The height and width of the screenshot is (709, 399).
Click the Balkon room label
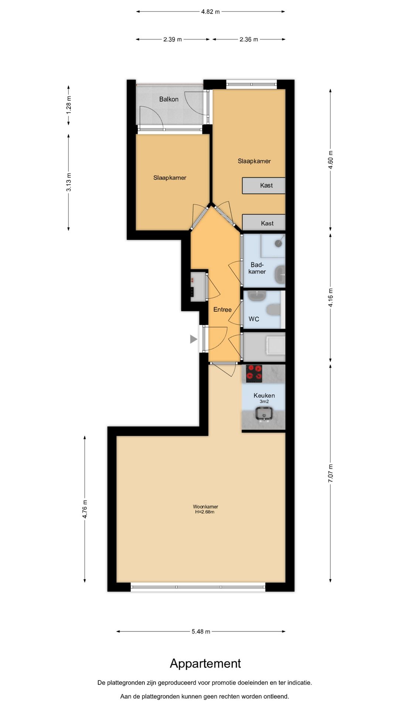tap(169, 99)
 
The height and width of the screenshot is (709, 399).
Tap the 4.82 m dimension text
tap(210, 12)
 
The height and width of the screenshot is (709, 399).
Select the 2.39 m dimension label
tap(173, 39)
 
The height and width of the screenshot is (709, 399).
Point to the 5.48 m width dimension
tap(201, 631)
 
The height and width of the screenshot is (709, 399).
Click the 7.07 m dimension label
tap(331, 473)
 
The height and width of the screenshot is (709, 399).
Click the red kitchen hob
tap(254, 373)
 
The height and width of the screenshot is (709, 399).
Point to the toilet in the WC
tap(274, 309)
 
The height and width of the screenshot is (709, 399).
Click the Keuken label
tap(264, 395)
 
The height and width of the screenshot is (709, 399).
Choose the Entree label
tap(222, 309)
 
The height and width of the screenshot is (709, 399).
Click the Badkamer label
tap(257, 268)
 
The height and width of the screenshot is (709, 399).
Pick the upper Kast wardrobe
tap(264, 185)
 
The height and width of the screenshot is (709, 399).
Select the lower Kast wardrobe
tap(264, 223)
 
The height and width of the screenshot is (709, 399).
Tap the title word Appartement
tap(205, 664)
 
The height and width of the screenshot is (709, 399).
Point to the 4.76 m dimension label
tap(85, 509)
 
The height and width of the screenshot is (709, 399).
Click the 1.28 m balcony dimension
tap(69, 105)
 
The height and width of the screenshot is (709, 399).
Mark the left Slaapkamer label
tap(170, 178)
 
